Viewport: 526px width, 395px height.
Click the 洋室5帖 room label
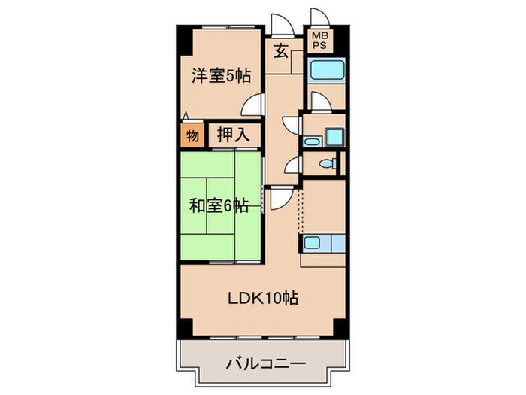pos(220,75)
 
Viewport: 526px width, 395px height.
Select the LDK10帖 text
pos(264,298)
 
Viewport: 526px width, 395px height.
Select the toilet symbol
pos(327,163)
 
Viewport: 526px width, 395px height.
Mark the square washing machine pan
pos(332,135)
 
